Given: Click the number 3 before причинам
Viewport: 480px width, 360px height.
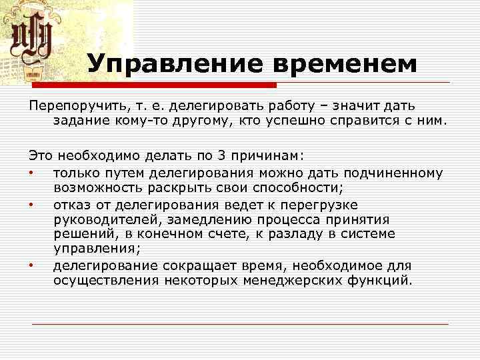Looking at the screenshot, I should [x=221, y=155].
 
